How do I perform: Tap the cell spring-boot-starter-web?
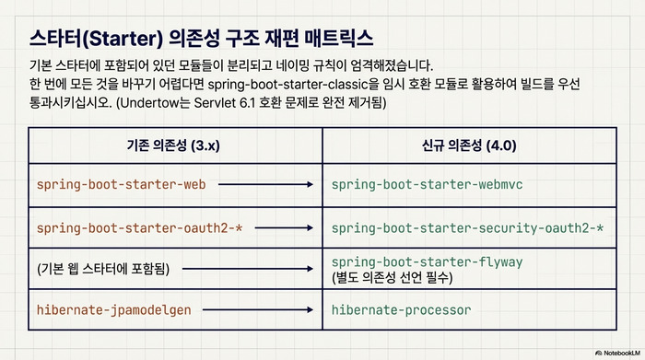(x=121, y=184)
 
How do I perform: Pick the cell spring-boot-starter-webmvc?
(x=427, y=184)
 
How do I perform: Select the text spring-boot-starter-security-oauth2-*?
(x=468, y=226)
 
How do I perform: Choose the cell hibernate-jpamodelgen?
(x=113, y=309)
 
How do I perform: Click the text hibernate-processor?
(x=401, y=309)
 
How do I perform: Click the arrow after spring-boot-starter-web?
(x=264, y=184)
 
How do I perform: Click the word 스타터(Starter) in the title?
(x=96, y=38)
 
